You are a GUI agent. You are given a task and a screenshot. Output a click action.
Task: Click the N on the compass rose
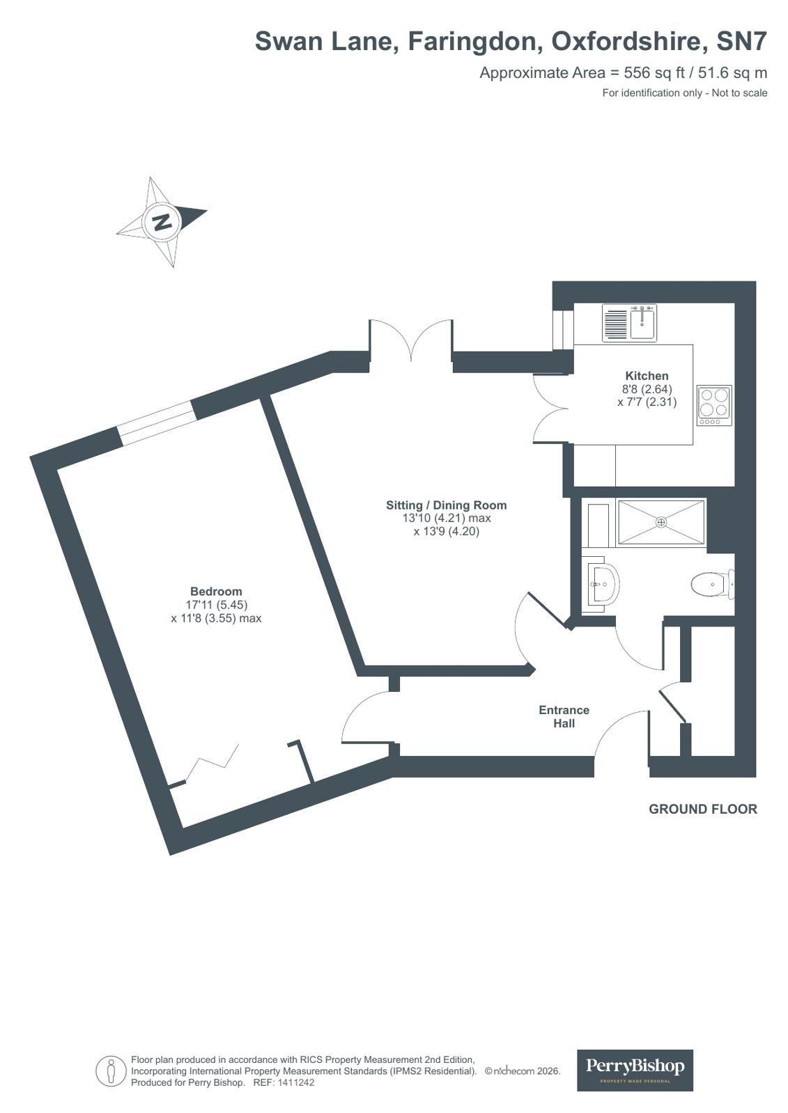point(162,222)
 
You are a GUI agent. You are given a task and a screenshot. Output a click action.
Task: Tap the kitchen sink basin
point(642,324)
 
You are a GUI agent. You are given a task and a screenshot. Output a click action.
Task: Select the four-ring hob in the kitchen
point(714,405)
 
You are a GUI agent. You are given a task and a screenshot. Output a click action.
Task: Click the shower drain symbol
point(661,521)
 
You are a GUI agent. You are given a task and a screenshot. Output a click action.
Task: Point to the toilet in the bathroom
point(711,584)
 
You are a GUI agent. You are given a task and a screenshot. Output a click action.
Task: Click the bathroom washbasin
point(601,585)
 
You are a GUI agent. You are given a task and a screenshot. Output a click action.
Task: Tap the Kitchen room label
point(647,376)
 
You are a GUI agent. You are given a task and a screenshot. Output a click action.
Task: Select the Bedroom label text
point(216,592)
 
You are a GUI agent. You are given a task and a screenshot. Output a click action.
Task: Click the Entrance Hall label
point(564,716)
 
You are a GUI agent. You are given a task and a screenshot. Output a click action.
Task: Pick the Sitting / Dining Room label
point(447,505)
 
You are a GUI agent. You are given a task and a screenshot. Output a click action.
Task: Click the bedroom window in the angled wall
point(156,423)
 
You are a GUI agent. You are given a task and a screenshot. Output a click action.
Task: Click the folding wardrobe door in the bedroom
point(213,762)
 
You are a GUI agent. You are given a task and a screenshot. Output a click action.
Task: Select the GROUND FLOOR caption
point(702,809)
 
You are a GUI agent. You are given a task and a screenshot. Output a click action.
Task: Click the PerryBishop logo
point(635,1070)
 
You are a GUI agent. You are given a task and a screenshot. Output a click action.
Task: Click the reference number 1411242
point(295,1083)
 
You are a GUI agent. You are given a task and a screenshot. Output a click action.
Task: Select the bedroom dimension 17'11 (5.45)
point(216,605)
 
